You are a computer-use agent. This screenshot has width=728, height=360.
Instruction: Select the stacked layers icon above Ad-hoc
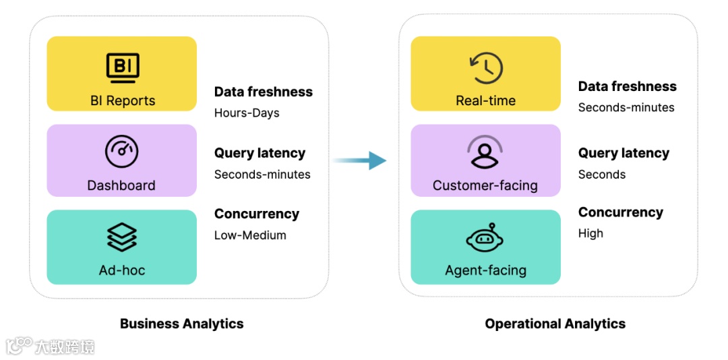coord(122,237)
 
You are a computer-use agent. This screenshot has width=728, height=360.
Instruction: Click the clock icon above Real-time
coord(485,67)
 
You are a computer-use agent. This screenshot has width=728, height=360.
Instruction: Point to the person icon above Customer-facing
coord(485,152)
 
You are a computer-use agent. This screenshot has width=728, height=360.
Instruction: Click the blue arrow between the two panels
coord(361,160)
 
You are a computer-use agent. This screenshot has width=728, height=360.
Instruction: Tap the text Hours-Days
coord(247,113)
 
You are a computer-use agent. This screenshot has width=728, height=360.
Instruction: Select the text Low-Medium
coord(250,235)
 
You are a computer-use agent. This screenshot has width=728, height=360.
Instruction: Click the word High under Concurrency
coord(590,233)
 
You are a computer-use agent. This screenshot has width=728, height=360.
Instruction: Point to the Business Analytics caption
coord(181,324)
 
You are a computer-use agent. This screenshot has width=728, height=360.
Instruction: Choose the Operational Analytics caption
coord(555,324)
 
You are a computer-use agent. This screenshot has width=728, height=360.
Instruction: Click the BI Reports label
coord(123,100)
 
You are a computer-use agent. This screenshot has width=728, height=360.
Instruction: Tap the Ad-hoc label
coord(122,270)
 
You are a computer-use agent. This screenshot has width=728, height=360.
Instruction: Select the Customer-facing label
coord(485,185)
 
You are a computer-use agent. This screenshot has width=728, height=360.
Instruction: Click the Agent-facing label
coord(485,270)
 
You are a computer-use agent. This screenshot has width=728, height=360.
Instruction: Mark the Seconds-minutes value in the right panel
coord(626,107)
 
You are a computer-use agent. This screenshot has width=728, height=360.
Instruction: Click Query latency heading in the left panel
coord(260,153)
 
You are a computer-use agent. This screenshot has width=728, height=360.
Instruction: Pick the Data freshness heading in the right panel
coord(627,86)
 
